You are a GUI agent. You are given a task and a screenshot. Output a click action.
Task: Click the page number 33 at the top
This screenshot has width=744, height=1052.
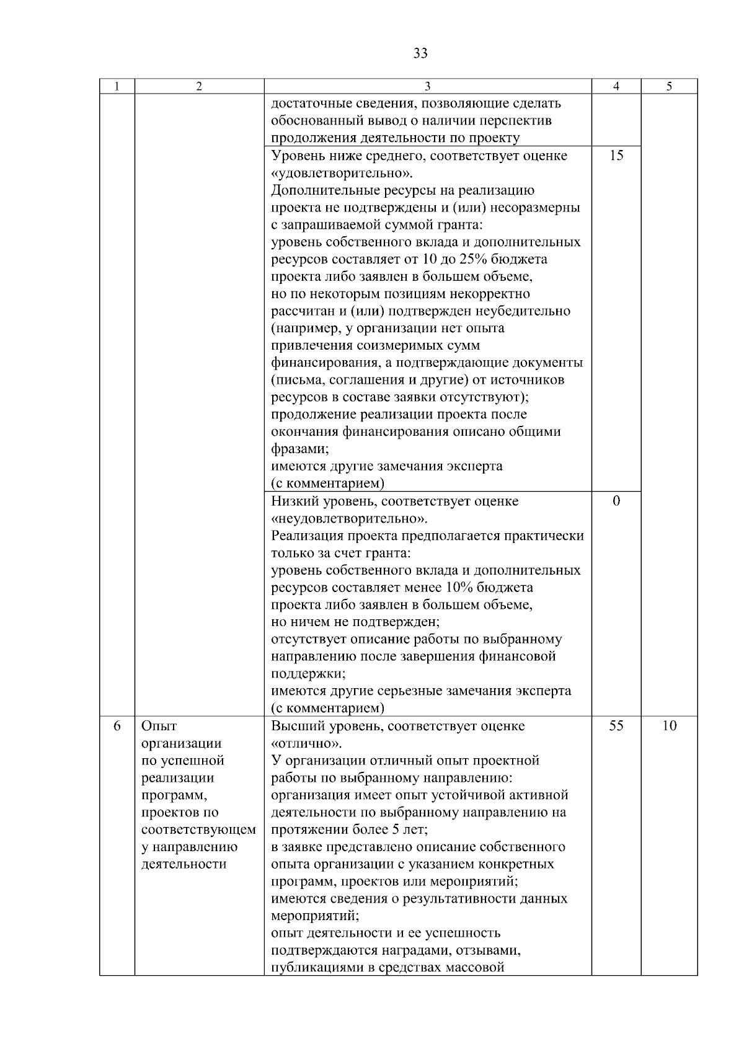point(420,54)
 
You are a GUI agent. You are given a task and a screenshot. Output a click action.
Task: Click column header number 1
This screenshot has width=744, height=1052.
point(117,87)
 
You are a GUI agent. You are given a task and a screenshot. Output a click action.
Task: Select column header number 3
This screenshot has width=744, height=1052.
point(427,87)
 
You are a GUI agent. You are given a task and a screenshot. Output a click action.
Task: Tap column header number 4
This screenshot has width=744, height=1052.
point(616,87)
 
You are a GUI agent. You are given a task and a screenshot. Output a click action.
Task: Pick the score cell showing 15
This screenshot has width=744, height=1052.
point(616,156)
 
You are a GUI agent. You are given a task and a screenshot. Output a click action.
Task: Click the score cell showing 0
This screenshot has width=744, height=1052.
point(616,502)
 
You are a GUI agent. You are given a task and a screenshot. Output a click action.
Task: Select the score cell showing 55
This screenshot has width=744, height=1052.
point(616,726)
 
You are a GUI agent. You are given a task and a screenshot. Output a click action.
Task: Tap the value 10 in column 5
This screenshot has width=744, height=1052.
point(669,726)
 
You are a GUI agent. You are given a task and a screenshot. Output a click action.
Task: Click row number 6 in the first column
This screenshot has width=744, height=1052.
point(117,726)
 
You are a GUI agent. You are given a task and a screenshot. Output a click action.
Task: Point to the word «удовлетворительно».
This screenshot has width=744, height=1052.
point(342,173)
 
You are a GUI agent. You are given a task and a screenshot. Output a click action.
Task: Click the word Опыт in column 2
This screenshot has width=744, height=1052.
point(159,726)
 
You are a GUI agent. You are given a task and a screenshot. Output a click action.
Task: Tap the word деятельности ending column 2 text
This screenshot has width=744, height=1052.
point(184,864)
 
